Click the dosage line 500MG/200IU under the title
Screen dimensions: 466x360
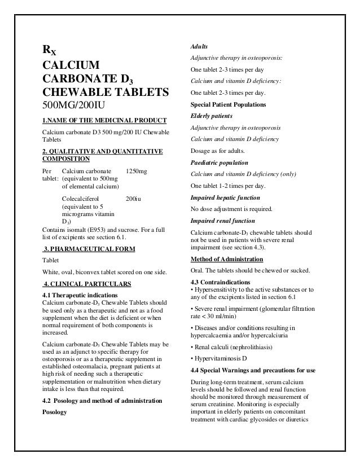(x=73, y=105)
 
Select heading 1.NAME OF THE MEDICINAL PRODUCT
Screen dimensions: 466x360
(x=104, y=120)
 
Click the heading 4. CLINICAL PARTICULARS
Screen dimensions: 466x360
(x=87, y=283)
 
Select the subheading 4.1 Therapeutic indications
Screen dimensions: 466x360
(x=80, y=294)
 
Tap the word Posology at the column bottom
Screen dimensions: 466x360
(x=55, y=412)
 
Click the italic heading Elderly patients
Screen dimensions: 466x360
(x=214, y=116)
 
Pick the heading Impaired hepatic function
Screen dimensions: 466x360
(x=226, y=198)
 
